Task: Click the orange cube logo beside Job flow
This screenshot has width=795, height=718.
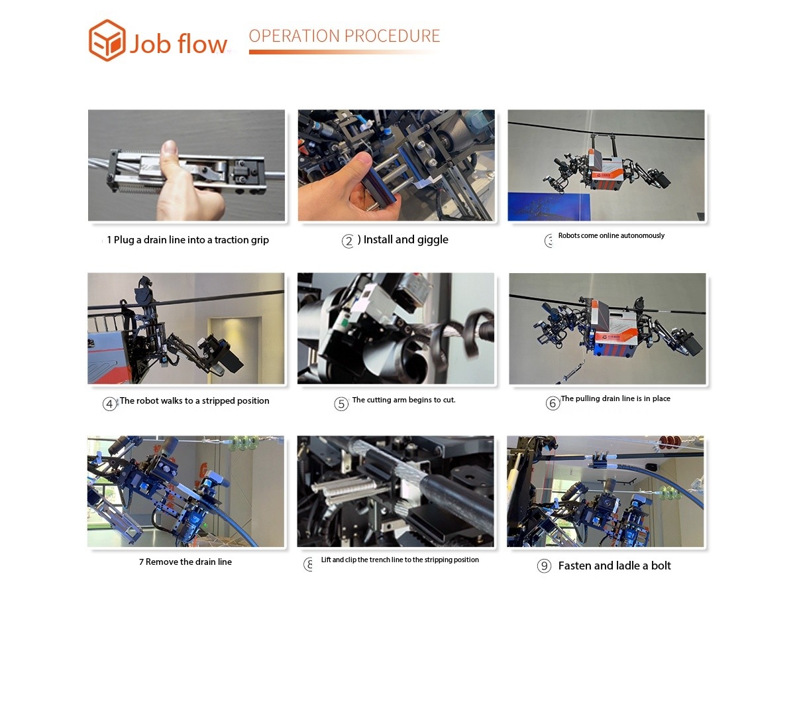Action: tap(107, 40)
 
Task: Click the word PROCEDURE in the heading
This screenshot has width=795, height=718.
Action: tap(396, 36)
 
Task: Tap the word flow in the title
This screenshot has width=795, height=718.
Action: tap(202, 43)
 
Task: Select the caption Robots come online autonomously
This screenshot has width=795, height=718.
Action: tap(611, 235)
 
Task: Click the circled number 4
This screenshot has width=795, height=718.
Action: tap(109, 404)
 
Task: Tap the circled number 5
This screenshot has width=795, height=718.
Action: tap(341, 404)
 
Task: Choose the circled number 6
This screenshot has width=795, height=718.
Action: tap(553, 404)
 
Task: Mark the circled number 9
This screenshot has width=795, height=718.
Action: tap(544, 566)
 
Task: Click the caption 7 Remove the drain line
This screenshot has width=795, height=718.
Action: tap(185, 562)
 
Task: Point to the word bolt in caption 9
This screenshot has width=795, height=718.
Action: tap(661, 566)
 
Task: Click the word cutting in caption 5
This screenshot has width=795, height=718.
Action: tap(378, 400)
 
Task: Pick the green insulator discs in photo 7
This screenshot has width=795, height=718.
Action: tap(242, 442)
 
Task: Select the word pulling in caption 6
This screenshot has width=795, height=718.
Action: tap(588, 398)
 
